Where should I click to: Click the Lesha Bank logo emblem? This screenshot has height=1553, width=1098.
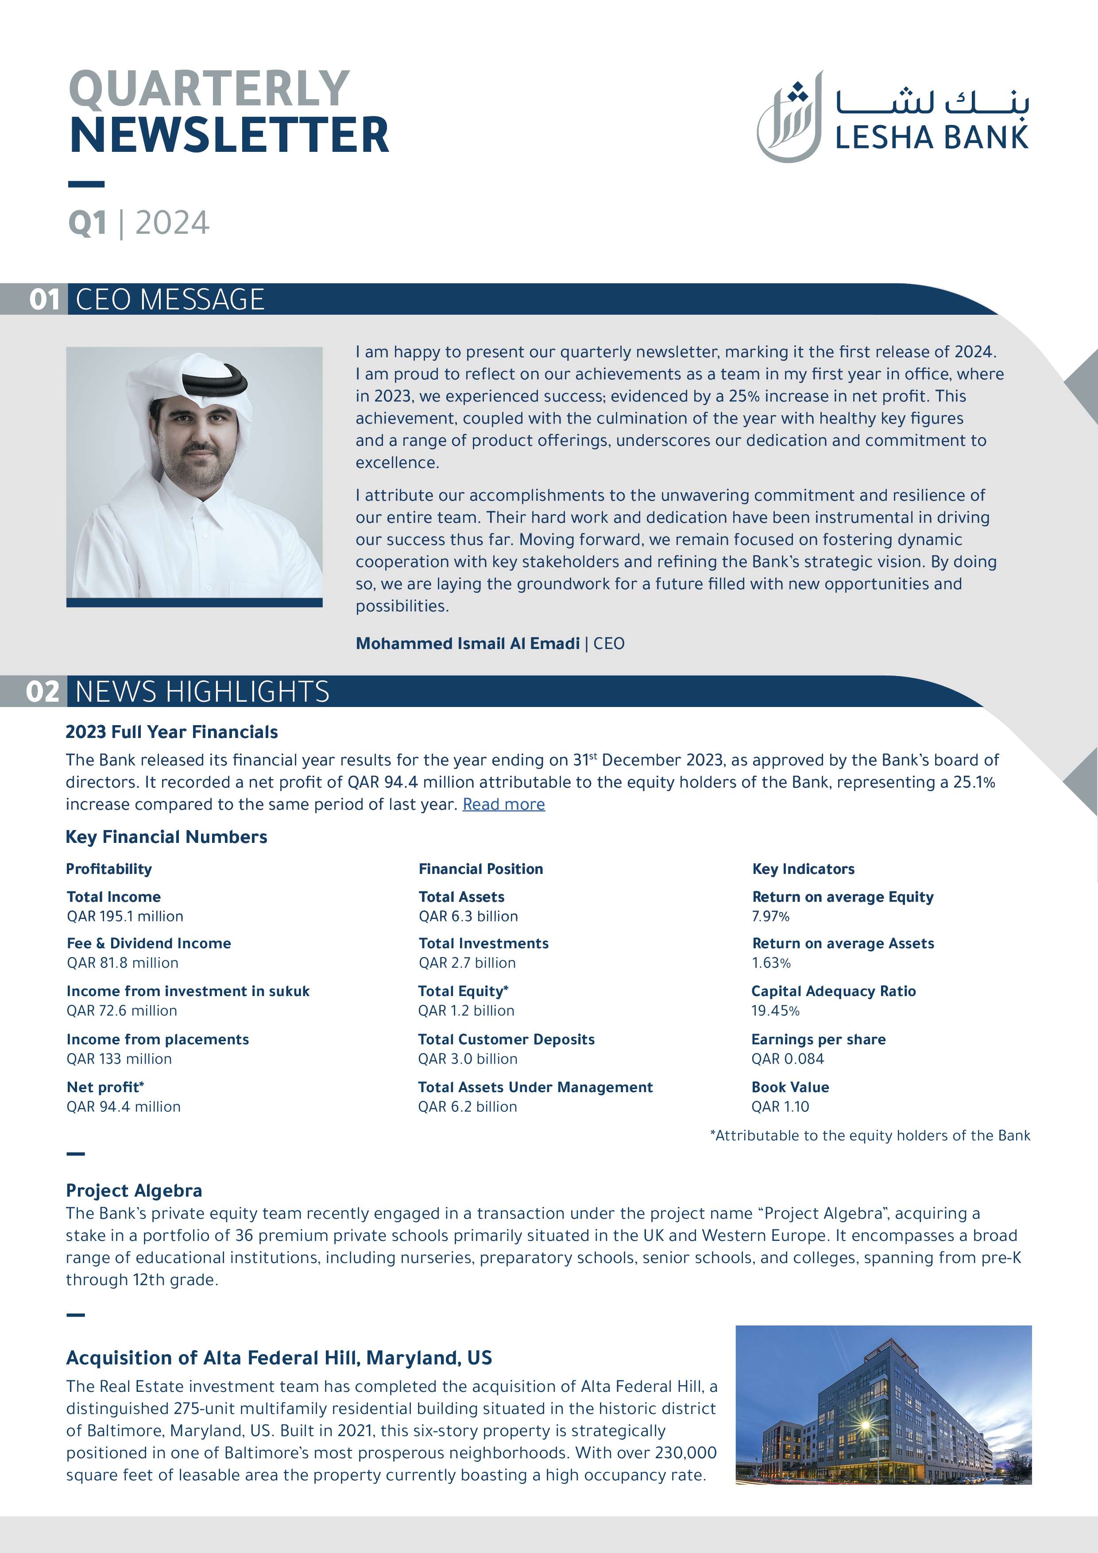click(789, 118)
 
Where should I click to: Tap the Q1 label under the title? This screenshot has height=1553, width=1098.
click(87, 223)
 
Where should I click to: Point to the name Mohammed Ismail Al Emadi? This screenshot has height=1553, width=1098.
click(468, 643)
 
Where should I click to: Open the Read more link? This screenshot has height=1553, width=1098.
click(503, 804)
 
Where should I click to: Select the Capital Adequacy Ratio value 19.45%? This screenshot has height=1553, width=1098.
click(775, 1011)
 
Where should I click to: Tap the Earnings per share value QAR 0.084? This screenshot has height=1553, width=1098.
click(788, 1059)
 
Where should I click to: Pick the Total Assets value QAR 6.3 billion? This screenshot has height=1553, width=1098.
click(468, 916)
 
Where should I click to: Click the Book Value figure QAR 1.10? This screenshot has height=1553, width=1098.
click(780, 1107)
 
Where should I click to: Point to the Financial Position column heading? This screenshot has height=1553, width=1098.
click(480, 869)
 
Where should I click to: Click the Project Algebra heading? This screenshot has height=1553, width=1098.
click(134, 1190)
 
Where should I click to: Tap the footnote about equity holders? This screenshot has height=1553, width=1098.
click(870, 1136)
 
